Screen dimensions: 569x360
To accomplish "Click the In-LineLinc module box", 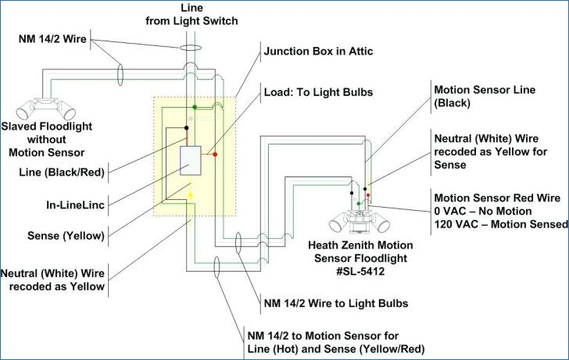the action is click(191, 161).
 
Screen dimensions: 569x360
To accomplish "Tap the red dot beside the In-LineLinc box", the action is click(215, 155).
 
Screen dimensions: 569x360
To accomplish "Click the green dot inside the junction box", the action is click(195, 107).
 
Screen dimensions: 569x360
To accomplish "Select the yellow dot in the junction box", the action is click(191, 195).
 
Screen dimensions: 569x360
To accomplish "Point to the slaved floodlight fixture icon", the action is click(46, 109).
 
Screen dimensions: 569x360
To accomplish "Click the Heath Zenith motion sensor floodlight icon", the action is click(360, 221).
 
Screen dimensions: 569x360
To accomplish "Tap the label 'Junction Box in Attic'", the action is click(318, 51).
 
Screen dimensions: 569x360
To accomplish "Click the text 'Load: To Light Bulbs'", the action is click(318, 92).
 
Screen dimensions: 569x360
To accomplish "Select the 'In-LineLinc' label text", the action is click(76, 205).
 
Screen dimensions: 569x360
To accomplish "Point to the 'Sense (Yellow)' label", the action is click(66, 236).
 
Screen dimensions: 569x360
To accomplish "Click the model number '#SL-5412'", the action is click(360, 271).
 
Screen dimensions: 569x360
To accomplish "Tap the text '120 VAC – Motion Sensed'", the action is click(501, 224).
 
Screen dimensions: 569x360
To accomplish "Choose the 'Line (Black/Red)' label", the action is click(62, 172).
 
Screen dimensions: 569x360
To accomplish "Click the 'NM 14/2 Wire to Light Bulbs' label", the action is click(336, 303).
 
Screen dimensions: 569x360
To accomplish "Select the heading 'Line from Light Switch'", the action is click(191, 15).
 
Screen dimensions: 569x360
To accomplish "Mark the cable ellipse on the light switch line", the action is click(190, 48).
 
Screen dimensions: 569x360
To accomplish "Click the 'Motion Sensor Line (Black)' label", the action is click(485, 96).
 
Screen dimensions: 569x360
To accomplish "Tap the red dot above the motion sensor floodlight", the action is click(368, 195).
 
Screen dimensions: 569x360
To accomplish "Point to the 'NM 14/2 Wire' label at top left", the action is click(52, 39).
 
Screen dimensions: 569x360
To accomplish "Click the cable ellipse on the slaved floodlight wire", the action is click(120, 74).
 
